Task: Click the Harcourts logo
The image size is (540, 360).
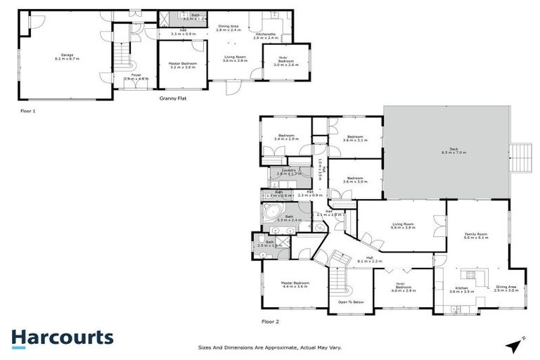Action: click(62, 338)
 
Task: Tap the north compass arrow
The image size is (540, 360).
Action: click(515, 344)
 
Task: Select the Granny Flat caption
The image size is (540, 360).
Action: click(172, 99)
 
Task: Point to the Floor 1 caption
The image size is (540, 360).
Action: click(28, 111)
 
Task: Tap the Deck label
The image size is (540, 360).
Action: click(444, 150)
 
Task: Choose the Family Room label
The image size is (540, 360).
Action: click(476, 236)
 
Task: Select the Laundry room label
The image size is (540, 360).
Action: click(288, 171)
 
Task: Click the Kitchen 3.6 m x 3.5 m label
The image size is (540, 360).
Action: click(462, 289)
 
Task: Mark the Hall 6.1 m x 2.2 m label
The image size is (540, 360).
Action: click(370, 259)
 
